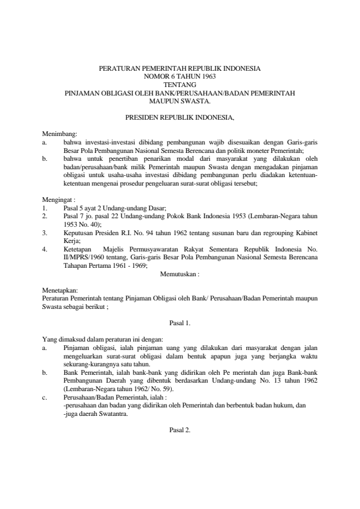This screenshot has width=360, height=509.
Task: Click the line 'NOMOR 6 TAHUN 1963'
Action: click(180, 77)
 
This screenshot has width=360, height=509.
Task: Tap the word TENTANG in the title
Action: click(180, 85)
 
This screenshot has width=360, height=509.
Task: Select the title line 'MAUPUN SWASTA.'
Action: click(180, 102)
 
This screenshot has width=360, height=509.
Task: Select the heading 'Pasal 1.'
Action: click(180, 323)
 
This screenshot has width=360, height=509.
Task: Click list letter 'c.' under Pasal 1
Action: click(45, 398)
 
